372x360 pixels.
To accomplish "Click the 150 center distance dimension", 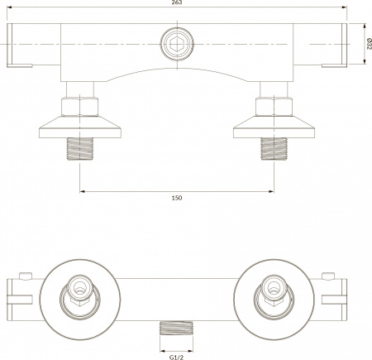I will [176, 198].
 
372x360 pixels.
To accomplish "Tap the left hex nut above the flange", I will [80, 107].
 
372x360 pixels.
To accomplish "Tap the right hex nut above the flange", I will [273, 107].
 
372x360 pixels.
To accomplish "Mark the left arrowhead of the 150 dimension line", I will [83, 191].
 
